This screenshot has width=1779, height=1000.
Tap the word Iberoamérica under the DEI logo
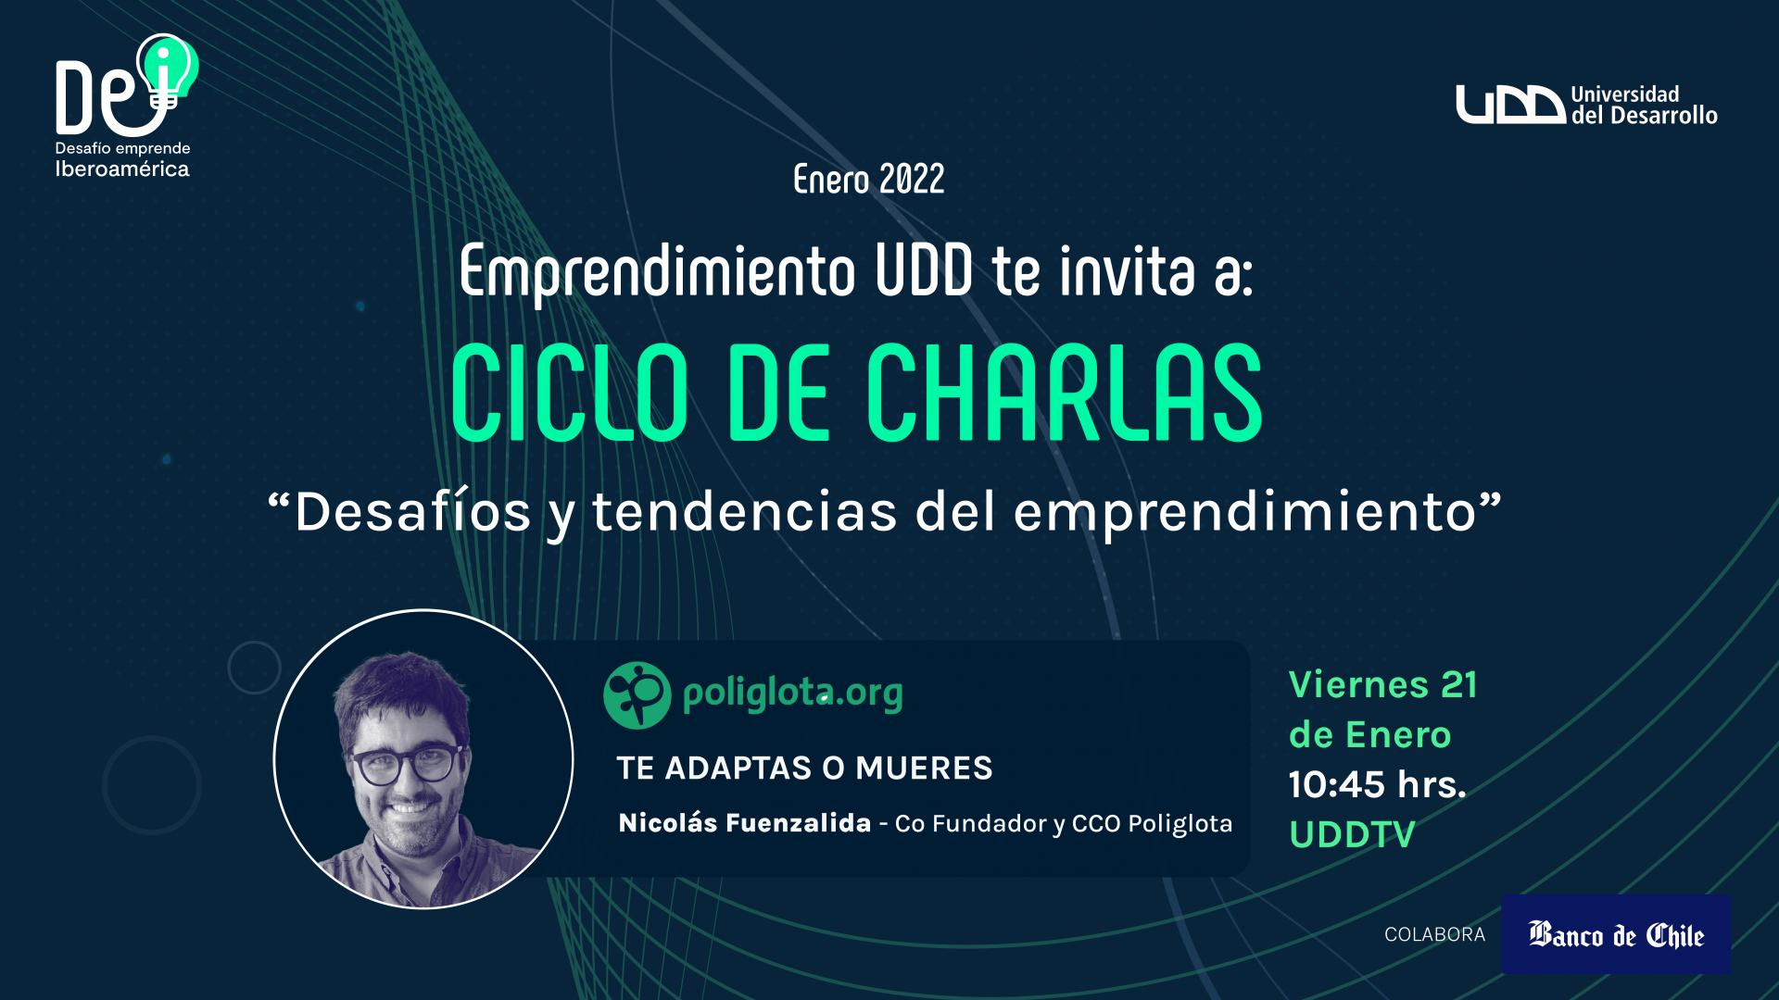click(122, 169)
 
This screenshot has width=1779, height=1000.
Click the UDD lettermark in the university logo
click(1510, 105)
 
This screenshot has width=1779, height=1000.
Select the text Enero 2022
click(868, 180)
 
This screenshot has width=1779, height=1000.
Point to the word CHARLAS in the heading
click(1065, 393)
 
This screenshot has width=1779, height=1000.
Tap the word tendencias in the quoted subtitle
click(745, 511)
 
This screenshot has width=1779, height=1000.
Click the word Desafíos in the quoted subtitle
click(412, 511)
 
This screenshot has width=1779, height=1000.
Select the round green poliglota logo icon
click(637, 694)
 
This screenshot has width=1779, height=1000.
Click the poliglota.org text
click(793, 694)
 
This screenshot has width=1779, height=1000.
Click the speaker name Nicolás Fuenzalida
click(745, 822)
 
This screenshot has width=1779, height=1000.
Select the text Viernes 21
click(1383, 684)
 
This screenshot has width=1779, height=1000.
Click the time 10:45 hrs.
click(1378, 784)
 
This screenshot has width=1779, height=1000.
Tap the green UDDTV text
click(1352, 834)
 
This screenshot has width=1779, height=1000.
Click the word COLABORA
click(1434, 934)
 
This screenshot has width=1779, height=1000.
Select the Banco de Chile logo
click(1616, 934)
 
